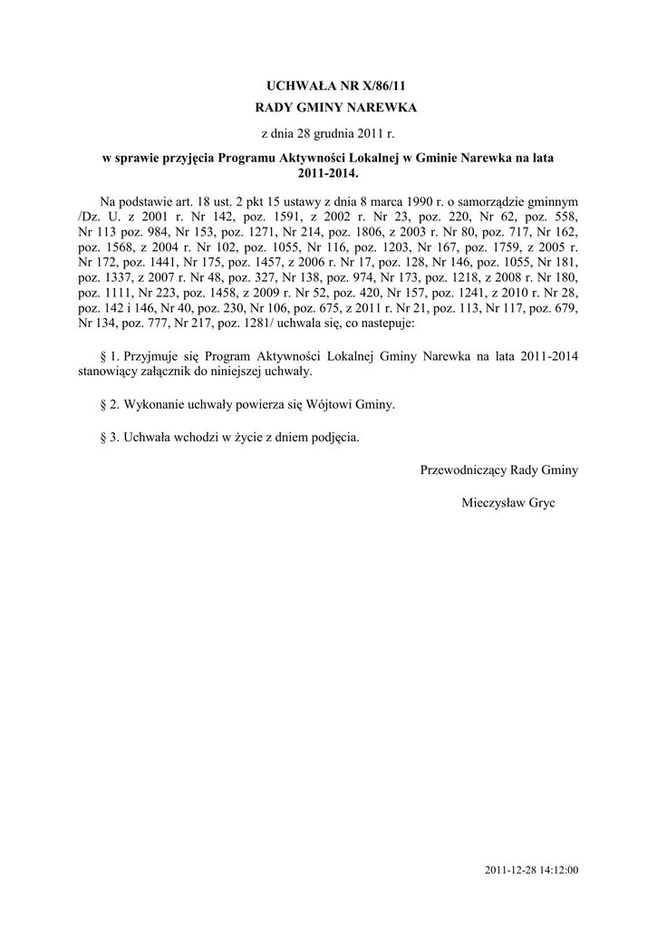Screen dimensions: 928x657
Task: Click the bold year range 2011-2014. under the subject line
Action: coord(328,171)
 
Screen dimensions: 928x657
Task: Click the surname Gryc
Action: coord(539,501)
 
